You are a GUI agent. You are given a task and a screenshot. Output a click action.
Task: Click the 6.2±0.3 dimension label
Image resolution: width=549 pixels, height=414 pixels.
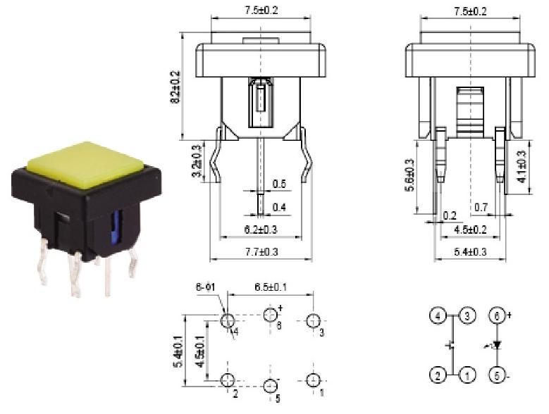pos(261,230)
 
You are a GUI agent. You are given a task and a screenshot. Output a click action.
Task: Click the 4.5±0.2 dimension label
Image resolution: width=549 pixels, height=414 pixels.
pos(469,230)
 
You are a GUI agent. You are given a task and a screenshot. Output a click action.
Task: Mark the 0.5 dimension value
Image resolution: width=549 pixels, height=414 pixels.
pos(278,184)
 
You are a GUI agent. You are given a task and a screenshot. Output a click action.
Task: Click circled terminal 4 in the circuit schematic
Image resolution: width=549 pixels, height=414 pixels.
pos(438,316)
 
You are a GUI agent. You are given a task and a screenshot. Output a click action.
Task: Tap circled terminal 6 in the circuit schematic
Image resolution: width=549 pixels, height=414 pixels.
pos(498,316)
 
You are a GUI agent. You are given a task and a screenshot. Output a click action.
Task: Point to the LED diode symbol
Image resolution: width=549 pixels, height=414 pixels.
pos(498,345)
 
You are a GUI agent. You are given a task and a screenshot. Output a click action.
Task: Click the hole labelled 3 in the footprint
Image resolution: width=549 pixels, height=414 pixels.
pos(314,321)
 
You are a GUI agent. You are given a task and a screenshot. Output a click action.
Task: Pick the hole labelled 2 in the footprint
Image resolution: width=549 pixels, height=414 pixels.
pos(227,380)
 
